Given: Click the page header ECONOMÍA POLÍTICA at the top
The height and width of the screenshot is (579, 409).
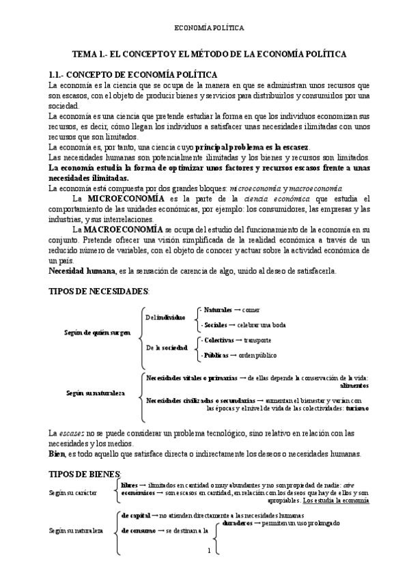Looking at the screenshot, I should coord(205,29).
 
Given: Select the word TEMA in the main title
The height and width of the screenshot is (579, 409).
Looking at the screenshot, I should coord(88,53).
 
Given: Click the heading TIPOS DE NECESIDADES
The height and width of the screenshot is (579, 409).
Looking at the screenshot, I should coord(98,291).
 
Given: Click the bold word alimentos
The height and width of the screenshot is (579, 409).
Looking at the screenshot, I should coord(353,385).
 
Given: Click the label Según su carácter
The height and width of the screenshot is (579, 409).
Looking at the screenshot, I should coord(73,491).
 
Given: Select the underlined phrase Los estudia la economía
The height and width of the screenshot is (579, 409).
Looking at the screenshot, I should coord(336,500).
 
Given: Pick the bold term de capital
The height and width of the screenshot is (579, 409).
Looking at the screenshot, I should coord(135,516).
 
